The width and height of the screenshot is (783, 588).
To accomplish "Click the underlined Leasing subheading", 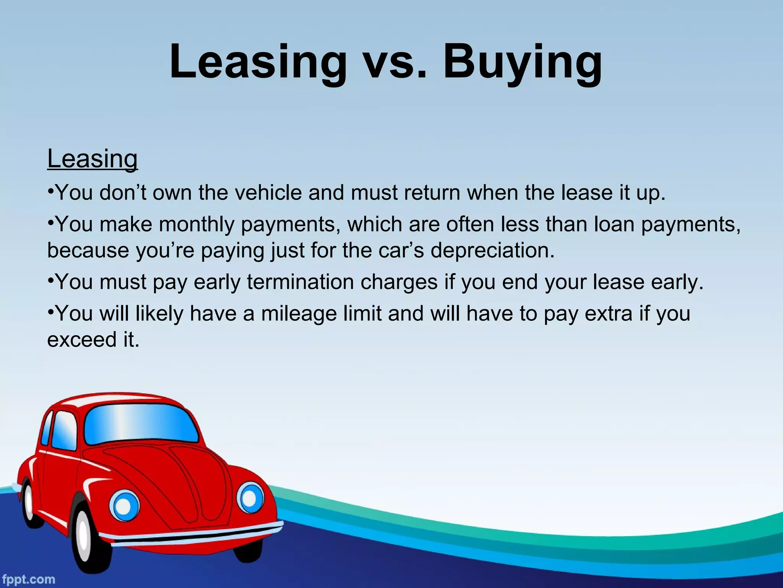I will pyautogui.click(x=92, y=159).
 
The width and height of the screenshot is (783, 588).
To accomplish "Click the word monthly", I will pyautogui.click(x=197, y=224).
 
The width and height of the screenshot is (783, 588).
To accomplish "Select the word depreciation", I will pyautogui.click(x=492, y=251).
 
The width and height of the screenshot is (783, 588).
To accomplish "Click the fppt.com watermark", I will pyautogui.click(x=28, y=579).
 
